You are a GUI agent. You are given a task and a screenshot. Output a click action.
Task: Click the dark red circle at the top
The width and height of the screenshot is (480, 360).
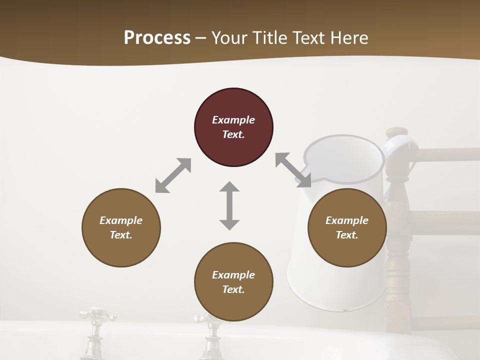(x=233, y=127)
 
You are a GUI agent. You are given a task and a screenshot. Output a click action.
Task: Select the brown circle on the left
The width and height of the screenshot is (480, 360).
(x=121, y=227)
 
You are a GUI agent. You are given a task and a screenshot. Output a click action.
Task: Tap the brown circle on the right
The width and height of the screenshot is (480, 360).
(x=347, y=227)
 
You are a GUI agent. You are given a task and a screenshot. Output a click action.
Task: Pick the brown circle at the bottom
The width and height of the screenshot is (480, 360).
(x=233, y=282)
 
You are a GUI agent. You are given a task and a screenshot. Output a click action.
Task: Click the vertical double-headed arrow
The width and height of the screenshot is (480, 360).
(x=229, y=205)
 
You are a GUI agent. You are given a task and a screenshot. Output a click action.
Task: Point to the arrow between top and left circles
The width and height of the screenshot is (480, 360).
(x=173, y=175)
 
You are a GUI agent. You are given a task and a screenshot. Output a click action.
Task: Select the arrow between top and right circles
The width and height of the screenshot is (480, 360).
(x=293, y=170)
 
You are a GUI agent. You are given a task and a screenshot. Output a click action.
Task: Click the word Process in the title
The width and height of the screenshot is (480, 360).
(x=157, y=37)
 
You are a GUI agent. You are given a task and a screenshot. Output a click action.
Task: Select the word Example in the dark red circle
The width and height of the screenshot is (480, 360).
(x=233, y=120)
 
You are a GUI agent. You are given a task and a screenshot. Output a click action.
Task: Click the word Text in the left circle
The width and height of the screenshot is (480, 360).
(x=120, y=235)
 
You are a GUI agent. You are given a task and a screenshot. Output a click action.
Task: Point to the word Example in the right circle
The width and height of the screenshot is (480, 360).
(x=347, y=220)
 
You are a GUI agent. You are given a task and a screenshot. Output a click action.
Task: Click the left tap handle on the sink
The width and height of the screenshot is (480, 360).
(x=96, y=316)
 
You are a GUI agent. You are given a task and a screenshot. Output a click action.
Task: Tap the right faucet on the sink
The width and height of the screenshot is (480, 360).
(x=209, y=332)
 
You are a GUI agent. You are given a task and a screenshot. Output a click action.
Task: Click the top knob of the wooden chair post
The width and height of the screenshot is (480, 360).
(x=397, y=132)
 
